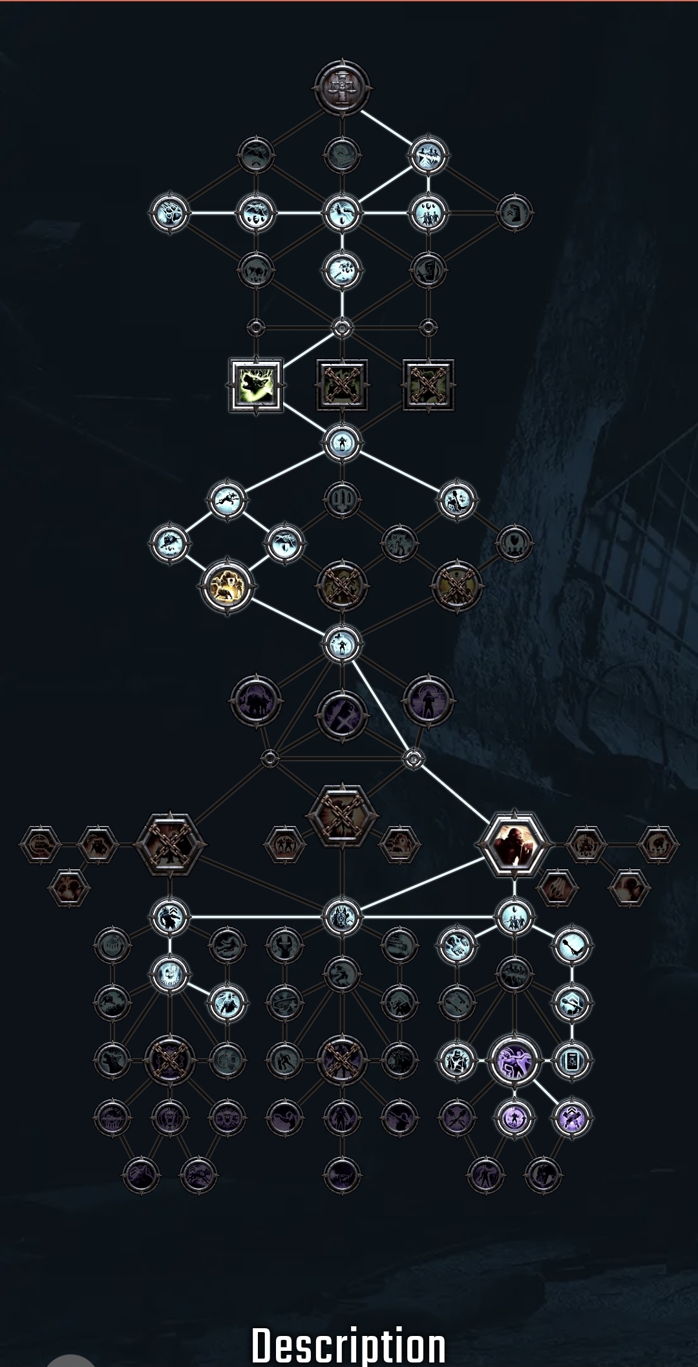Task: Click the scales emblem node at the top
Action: point(343,87)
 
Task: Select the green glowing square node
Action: point(256,385)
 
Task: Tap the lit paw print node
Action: point(169,213)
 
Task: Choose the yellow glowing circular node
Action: point(226,587)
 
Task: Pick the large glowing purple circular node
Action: point(514,1060)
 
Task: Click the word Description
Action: point(348,1344)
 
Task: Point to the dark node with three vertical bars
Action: point(342,500)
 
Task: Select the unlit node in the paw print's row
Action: point(514,213)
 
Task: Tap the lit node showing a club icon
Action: point(572,945)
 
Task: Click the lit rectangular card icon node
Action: point(572,1060)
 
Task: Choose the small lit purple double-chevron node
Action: point(572,1118)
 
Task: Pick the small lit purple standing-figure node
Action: point(514,1118)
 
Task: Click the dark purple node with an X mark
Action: point(342,716)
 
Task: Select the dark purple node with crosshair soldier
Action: point(428,701)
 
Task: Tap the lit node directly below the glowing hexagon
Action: point(514,917)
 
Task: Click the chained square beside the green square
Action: point(342,385)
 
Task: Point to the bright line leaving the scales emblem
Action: point(386,127)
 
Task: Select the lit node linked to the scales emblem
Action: point(428,156)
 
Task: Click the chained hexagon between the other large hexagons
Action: point(342,816)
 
